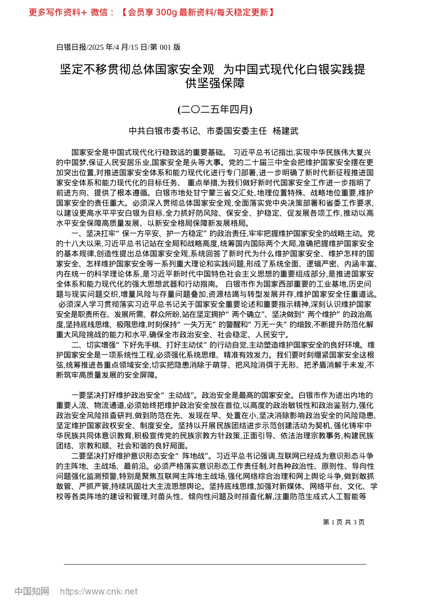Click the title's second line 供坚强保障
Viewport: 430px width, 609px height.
(215, 83)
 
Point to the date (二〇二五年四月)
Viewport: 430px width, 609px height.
(215, 109)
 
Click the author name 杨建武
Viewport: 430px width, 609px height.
(286, 131)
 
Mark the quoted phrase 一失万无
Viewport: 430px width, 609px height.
(200, 324)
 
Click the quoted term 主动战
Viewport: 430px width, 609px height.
(181, 395)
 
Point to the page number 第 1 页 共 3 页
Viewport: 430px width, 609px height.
(344, 522)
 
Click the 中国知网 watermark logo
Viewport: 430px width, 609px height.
(32, 591)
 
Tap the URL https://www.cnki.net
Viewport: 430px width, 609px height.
(99, 591)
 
